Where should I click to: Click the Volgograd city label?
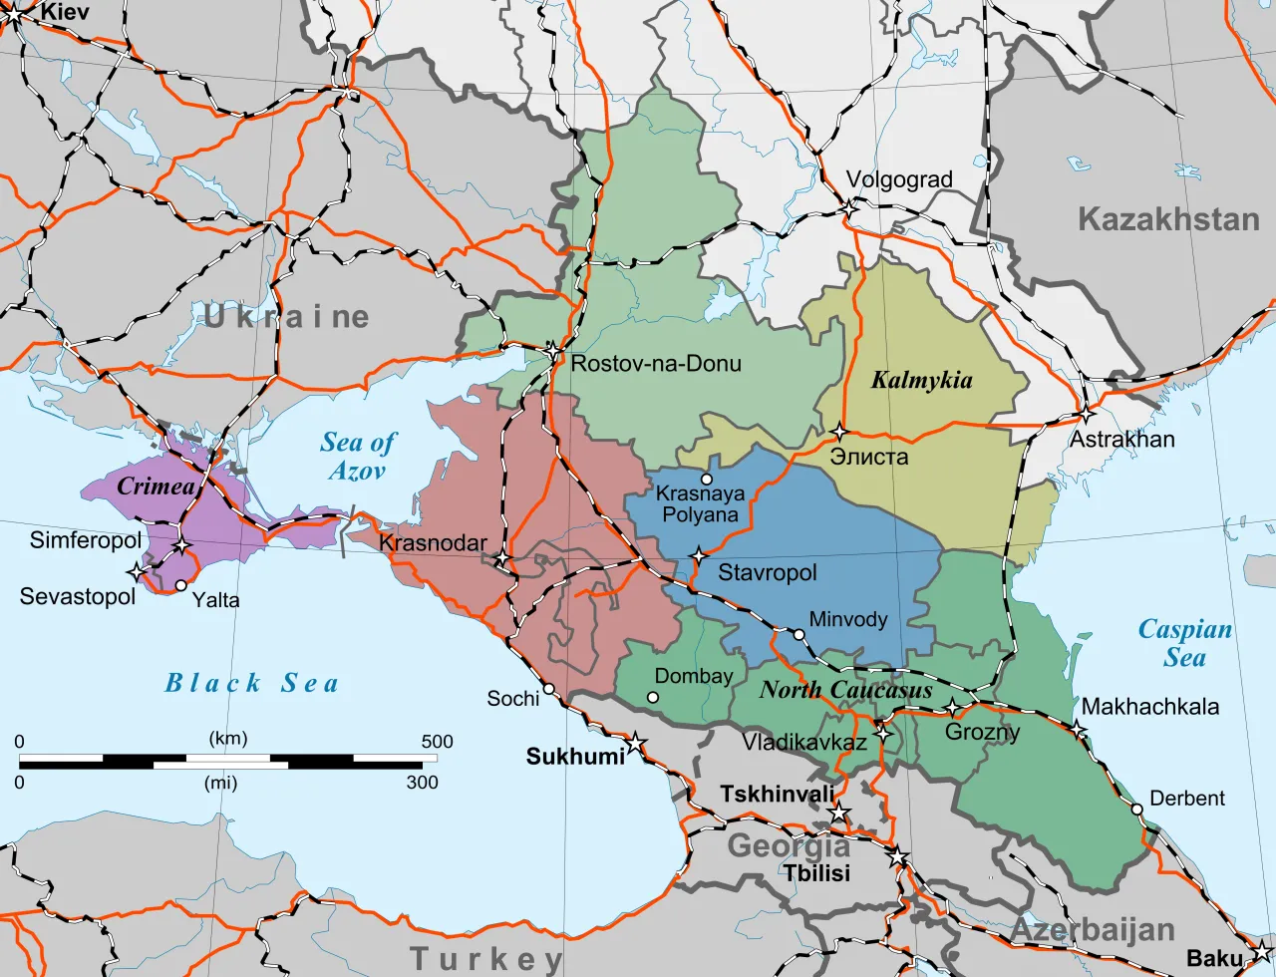[899, 180]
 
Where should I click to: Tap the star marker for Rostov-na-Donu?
[553, 351]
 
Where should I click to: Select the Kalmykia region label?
[921, 380]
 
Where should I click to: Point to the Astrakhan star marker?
[1086, 414]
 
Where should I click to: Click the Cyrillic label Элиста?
[869, 457]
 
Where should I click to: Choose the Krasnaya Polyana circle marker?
[707, 480]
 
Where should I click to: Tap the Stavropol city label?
[767, 573]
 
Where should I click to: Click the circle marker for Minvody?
[798, 634]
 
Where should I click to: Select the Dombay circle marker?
[653, 697]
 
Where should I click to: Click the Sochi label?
[512, 699]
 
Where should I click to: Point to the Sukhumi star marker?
[634, 744]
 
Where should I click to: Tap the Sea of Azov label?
[358, 457]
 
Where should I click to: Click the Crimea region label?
[156, 487]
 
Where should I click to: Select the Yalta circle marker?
[180, 585]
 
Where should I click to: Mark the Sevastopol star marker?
[137, 571]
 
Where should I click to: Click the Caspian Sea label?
[1185, 644]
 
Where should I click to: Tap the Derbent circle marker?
[1136, 809]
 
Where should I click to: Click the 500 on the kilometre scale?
[437, 742]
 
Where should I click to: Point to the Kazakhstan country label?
[1168, 219]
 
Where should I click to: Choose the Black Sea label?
[251, 683]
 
